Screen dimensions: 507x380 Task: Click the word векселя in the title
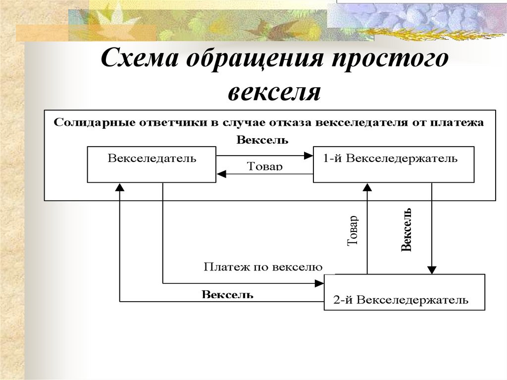coord(274,92)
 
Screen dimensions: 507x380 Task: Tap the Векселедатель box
coord(152,164)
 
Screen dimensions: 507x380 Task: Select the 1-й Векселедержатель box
coord(394,164)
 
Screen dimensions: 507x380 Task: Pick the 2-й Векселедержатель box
coord(405,292)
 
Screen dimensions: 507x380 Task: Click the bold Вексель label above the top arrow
coord(262,140)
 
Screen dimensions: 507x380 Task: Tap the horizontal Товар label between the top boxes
coord(264,166)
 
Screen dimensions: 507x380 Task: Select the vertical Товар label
coord(353,231)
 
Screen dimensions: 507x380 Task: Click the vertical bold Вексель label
coord(406,230)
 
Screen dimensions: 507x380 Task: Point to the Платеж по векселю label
coord(263,268)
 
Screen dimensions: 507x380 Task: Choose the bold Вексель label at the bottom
coord(228,294)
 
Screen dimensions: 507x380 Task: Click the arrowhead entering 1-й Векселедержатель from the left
coord(309,156)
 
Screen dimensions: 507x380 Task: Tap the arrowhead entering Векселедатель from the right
coord(221,174)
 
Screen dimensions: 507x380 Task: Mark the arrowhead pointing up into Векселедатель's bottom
coord(120,187)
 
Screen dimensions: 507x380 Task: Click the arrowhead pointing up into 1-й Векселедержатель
coord(367,187)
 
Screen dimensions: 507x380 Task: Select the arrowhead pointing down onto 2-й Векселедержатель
coord(432,270)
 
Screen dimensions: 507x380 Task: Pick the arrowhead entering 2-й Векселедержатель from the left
coord(319,283)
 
